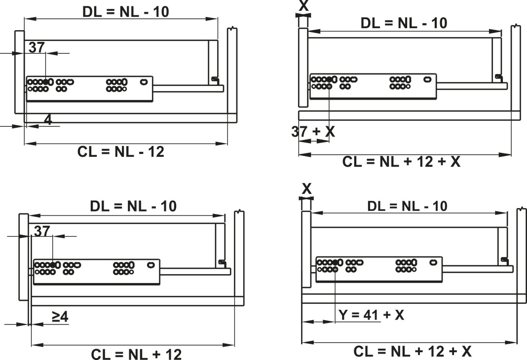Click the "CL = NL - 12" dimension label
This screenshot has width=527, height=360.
tap(121, 151)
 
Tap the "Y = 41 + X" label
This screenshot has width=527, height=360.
tap(371, 315)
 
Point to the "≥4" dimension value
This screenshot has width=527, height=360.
tap(60, 317)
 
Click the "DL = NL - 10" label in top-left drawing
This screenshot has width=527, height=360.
tap(125, 11)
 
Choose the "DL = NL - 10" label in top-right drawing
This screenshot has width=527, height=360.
tap(404, 23)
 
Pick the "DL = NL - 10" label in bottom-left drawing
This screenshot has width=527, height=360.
tap(133, 206)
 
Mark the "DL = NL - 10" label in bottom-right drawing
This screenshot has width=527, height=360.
tap(407, 206)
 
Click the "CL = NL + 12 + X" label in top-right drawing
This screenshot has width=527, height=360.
tap(401, 162)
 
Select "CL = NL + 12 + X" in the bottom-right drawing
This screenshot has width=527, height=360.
tap(412, 352)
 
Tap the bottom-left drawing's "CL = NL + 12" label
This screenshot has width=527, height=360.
tap(136, 354)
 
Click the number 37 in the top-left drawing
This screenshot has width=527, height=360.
tap(37, 47)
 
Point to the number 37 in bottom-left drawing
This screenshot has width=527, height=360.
tap(43, 231)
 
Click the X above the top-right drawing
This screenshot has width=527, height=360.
tap(303, 6)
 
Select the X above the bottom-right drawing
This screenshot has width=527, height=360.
tap(306, 189)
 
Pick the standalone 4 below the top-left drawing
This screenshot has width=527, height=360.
tap(48, 119)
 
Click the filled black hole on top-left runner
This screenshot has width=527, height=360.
tap(45, 81)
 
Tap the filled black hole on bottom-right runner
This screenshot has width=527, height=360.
tap(335, 262)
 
